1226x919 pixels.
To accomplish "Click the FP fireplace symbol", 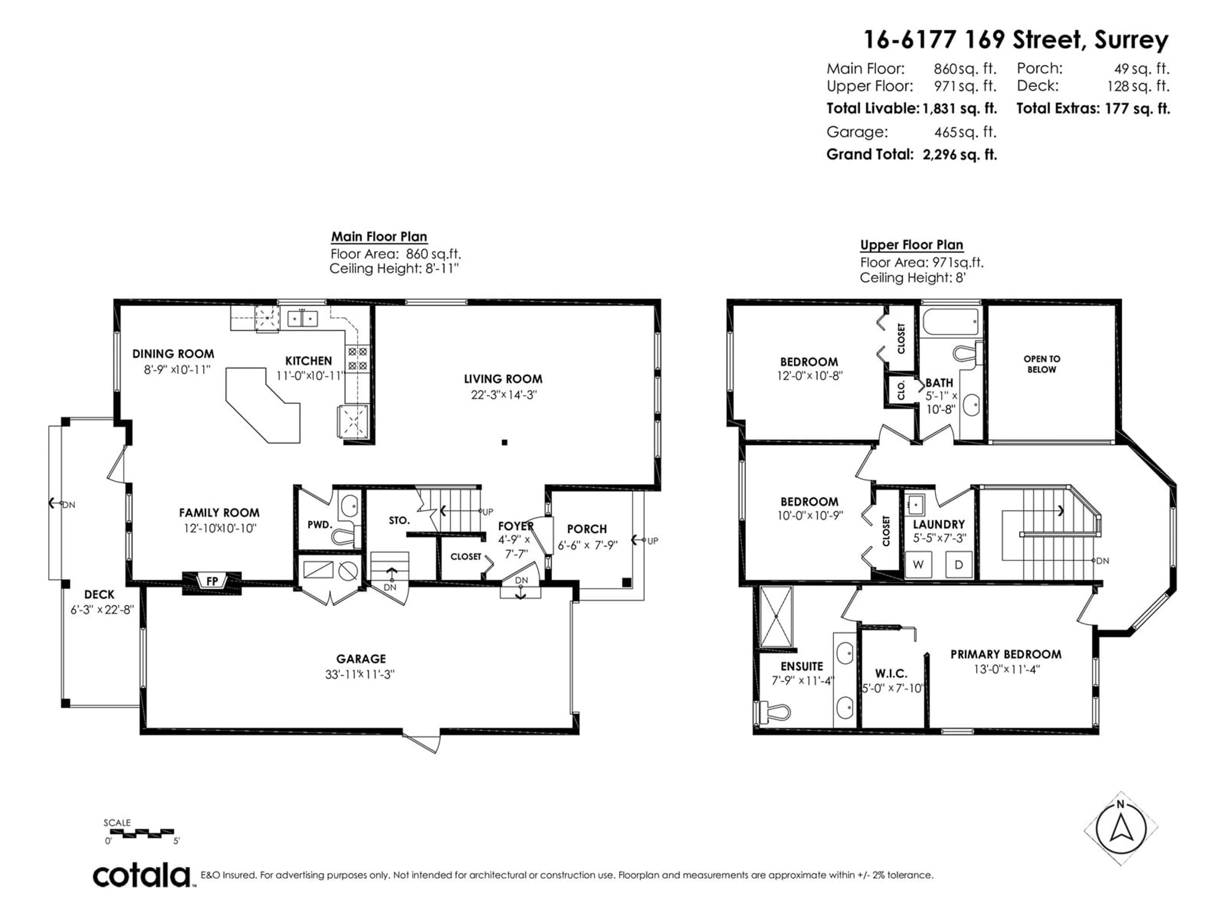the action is (212, 583).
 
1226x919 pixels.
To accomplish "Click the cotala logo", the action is (142, 876).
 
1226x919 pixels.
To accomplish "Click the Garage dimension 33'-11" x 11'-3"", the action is (360, 674).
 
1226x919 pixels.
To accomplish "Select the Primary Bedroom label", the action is (1006, 654).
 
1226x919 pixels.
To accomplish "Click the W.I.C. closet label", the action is (891, 674).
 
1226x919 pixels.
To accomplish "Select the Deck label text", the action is (99, 594).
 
